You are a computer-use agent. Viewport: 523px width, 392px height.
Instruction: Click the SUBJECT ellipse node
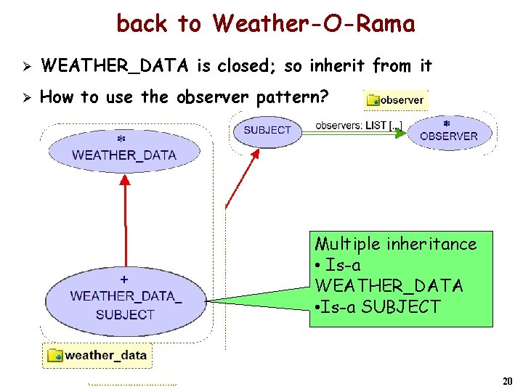[267, 131]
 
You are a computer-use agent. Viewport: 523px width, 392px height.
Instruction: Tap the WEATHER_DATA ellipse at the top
[124, 150]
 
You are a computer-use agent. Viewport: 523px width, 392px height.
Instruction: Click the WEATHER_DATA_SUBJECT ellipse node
[125, 298]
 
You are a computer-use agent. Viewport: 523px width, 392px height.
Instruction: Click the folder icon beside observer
[374, 99]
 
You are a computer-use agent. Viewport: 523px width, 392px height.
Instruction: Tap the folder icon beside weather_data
[55, 355]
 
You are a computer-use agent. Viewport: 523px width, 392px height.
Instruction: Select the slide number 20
[507, 381]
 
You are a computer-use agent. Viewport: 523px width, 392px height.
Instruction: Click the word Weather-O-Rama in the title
[314, 24]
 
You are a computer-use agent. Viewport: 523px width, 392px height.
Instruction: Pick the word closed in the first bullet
[246, 67]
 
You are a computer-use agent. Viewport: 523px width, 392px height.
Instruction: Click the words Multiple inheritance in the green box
[395, 244]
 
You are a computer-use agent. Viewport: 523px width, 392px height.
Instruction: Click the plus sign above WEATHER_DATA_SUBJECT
[124, 279]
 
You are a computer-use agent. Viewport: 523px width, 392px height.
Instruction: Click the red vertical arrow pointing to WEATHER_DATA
[126, 218]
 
